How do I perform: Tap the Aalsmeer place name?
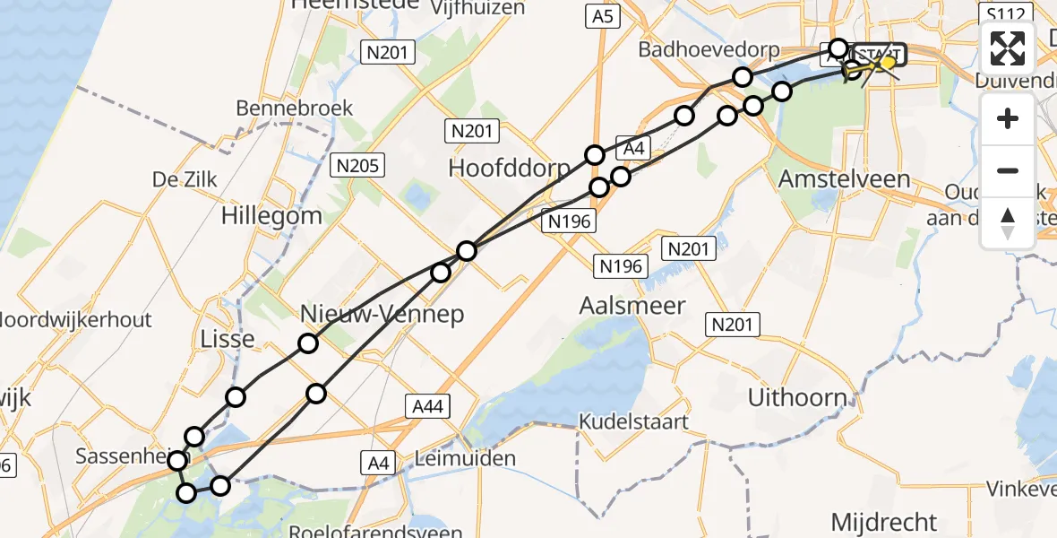(632, 306)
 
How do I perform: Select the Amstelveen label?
(844, 178)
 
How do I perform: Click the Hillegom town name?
(271, 216)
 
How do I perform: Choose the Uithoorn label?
(796, 397)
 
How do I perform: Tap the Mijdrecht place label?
(883, 521)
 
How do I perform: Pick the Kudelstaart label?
(633, 421)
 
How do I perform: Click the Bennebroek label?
(295, 108)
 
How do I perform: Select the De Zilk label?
(185, 179)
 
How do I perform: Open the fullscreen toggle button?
(1008, 49)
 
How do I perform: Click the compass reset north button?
(1008, 222)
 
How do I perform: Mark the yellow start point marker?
(888, 62)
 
